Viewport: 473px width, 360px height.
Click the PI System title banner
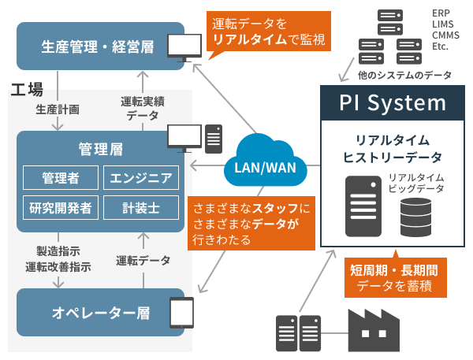click(393, 102)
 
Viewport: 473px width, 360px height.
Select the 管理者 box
click(60, 177)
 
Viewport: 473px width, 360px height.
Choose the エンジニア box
click(142, 177)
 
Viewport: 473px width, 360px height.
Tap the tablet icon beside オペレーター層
click(182, 312)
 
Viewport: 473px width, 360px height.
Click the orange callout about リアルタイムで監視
click(266, 31)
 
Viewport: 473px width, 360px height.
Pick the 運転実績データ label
click(142, 109)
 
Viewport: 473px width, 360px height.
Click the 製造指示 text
click(58, 251)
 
